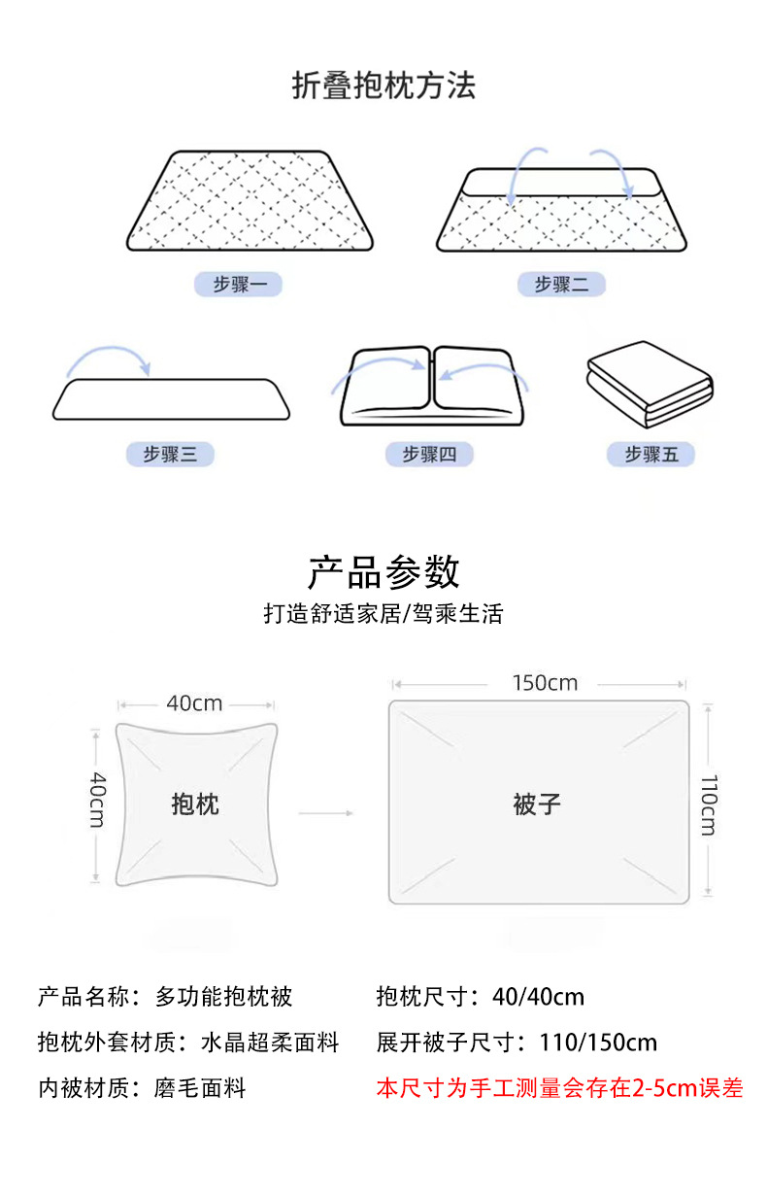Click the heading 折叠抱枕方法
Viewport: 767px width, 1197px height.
[x=383, y=86]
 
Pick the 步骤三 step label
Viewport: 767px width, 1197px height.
[x=170, y=454]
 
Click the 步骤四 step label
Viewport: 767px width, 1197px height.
[x=429, y=454]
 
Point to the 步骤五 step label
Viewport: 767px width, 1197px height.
[x=650, y=454]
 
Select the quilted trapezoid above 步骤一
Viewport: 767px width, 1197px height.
[x=250, y=201]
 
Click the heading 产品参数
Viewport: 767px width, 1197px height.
[x=383, y=572]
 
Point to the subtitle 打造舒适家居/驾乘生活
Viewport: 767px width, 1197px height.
[x=383, y=614]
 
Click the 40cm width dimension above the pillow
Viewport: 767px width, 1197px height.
[x=194, y=702]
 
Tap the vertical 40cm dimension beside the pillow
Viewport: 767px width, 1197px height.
[x=96, y=800]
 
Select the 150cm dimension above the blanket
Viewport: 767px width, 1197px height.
[x=545, y=683]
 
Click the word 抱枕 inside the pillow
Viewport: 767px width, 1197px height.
[x=195, y=804]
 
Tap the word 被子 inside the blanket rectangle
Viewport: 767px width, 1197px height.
[x=537, y=804]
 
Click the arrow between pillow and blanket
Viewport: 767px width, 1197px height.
[x=325, y=812]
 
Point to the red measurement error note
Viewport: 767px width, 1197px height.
[x=559, y=1088]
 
